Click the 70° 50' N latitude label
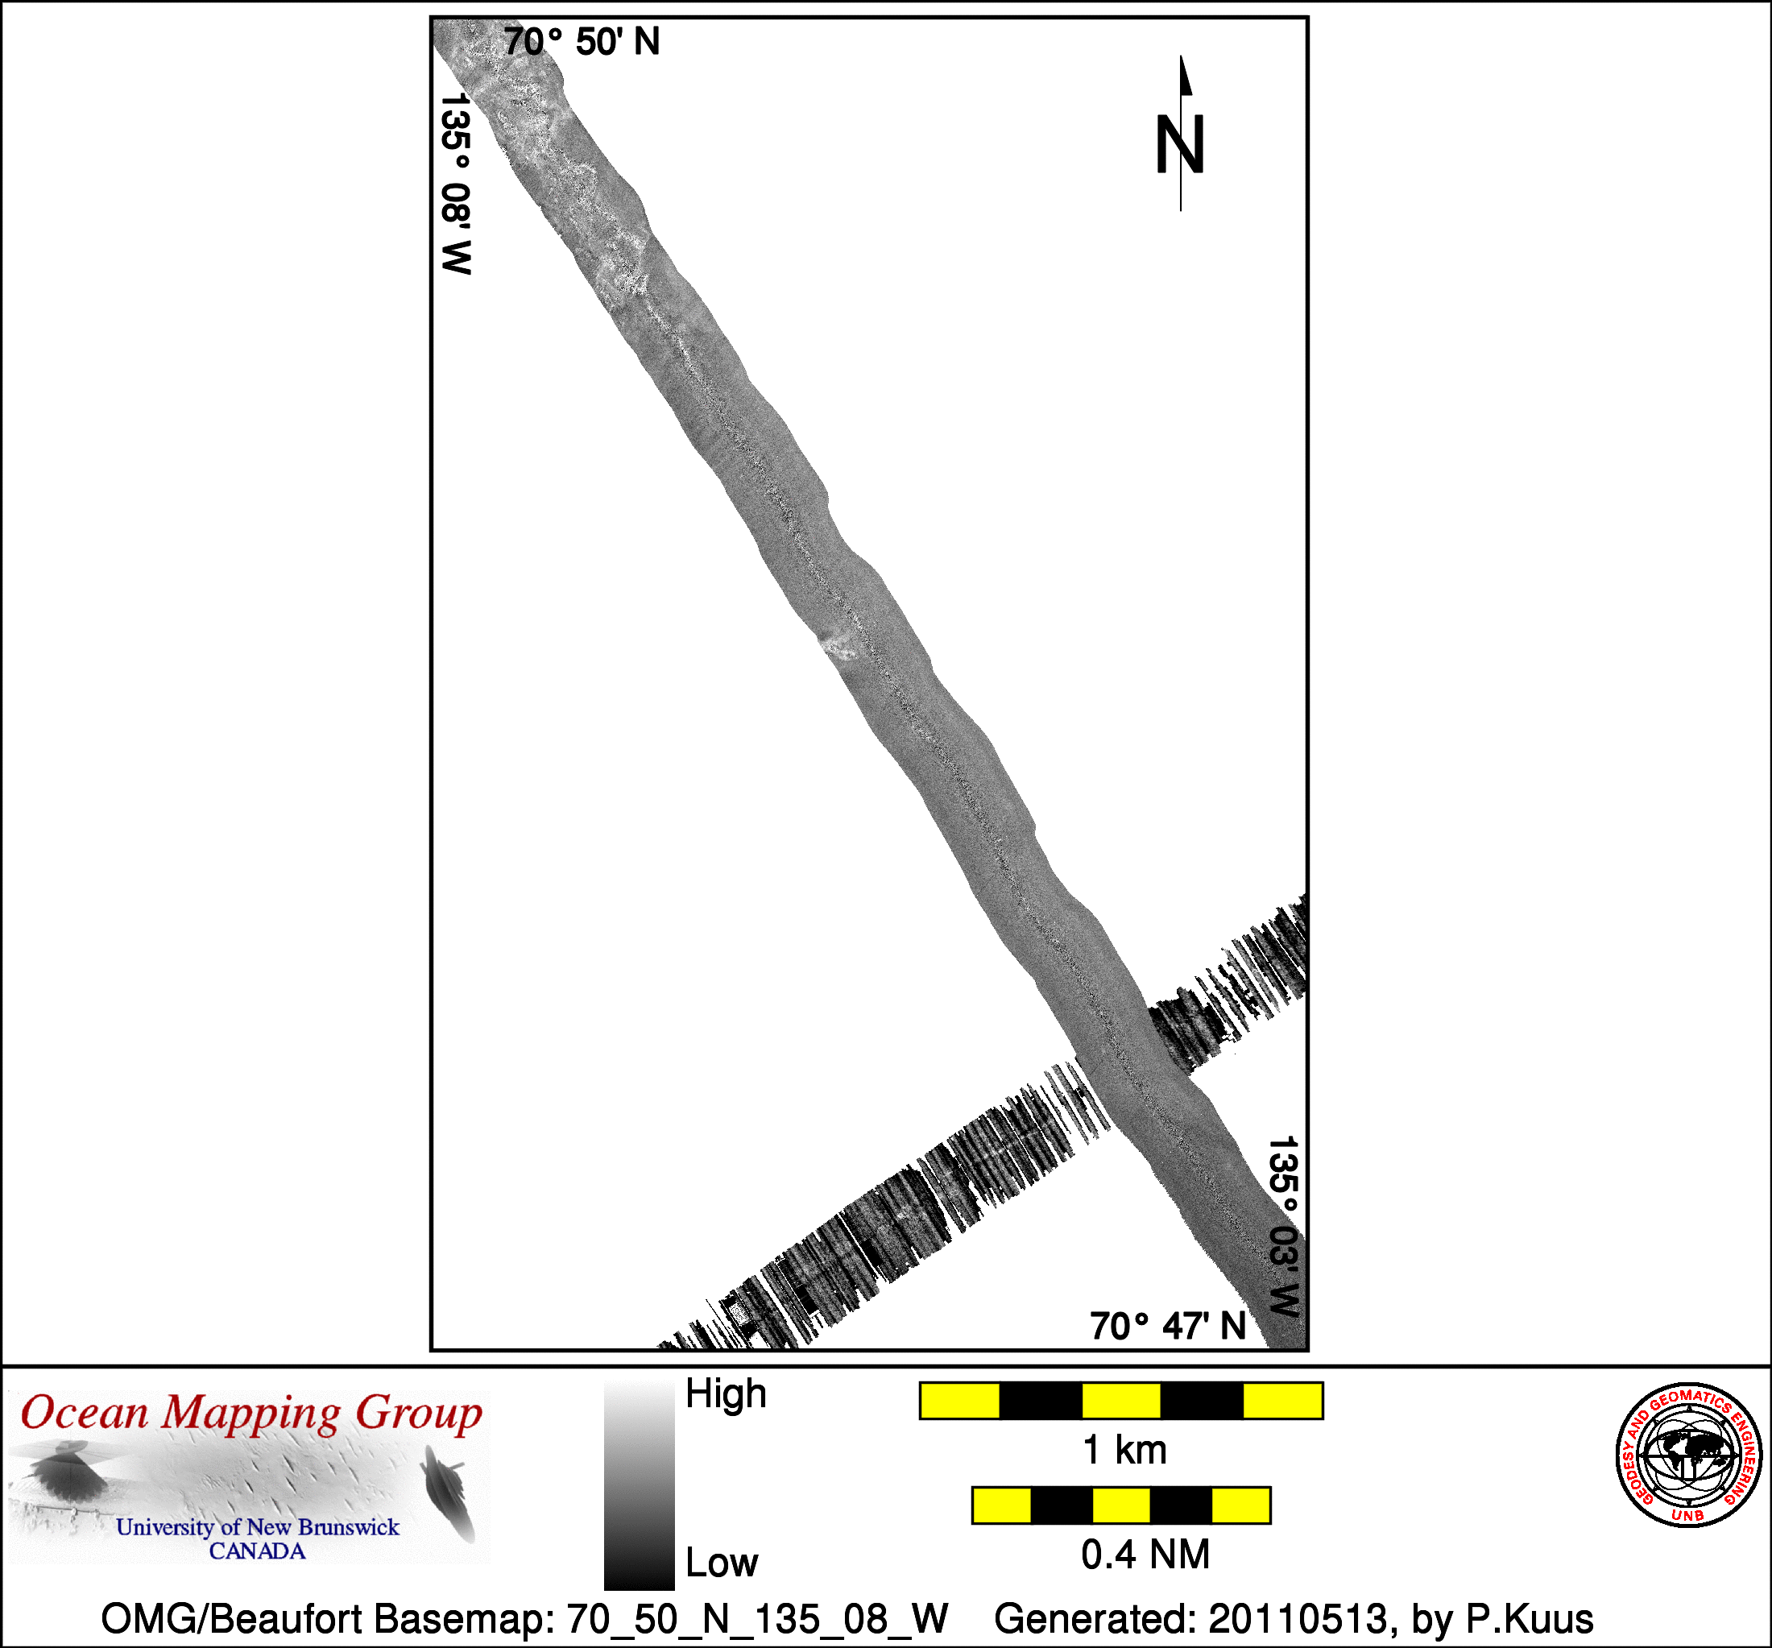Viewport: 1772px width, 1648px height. coord(582,42)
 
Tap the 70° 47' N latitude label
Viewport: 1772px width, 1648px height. coord(1168,1327)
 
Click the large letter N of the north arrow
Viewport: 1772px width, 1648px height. coord(1180,143)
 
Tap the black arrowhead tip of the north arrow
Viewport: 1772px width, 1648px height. coord(1182,56)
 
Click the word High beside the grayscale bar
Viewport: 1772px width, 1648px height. coord(726,1393)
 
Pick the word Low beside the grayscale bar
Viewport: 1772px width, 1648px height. coord(721,1563)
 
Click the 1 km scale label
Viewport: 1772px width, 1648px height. coord(1124,1450)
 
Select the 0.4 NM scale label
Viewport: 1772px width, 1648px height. coord(1145,1555)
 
